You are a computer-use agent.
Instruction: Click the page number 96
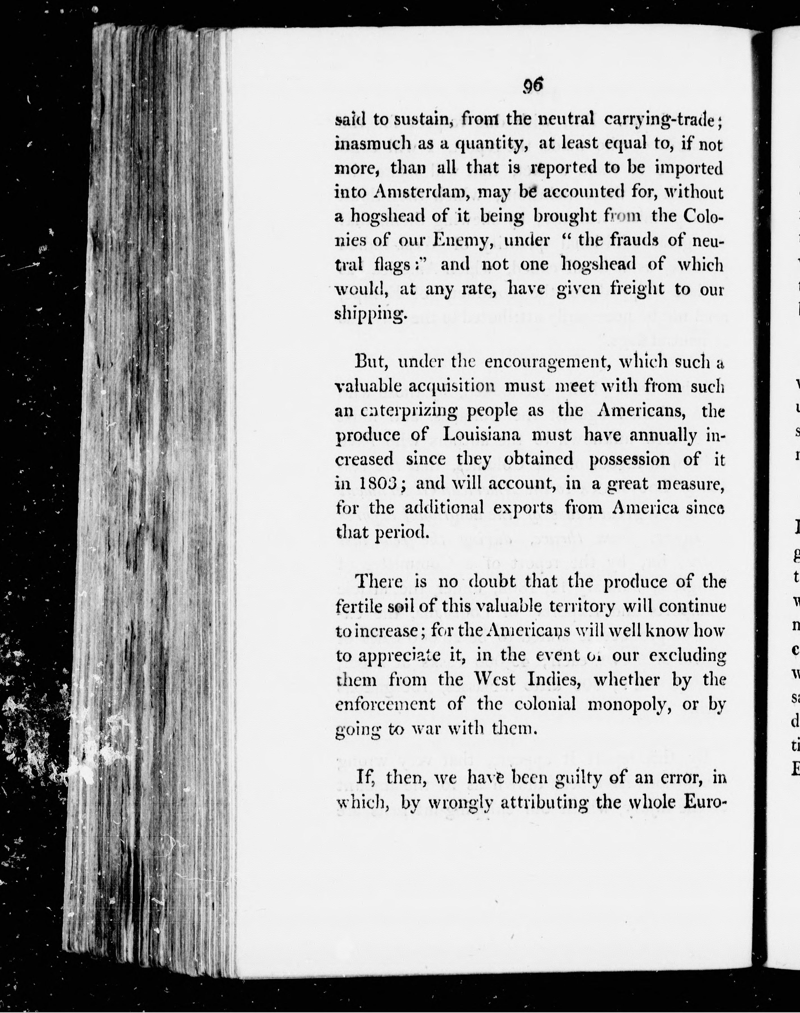(x=533, y=86)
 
